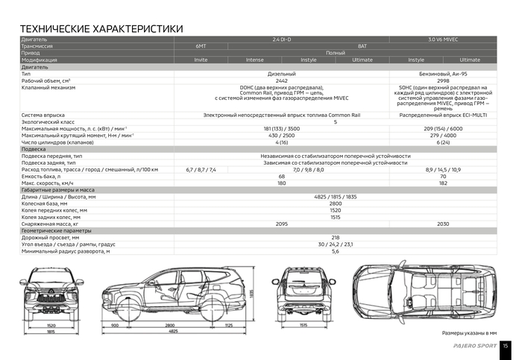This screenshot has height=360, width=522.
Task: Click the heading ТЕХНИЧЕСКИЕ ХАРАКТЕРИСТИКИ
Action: coord(101,28)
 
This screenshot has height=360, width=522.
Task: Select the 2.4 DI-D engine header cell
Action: coord(282,39)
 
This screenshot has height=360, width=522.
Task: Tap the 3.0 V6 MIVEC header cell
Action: coord(443,39)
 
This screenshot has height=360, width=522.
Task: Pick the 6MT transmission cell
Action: coord(201,45)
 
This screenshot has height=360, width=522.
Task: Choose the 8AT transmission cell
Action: coord(362,45)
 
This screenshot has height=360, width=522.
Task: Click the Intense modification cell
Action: coord(254,60)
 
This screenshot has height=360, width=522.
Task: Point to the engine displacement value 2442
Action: coord(282,80)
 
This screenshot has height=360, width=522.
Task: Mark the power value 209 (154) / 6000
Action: coord(443,129)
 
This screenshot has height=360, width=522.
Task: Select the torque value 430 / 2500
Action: coord(282,136)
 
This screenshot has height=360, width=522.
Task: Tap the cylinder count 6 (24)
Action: coord(443,142)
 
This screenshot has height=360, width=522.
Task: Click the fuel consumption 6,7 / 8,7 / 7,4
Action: coord(201,169)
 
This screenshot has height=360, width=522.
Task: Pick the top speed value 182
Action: coord(443,183)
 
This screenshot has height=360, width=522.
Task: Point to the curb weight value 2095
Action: coord(282,224)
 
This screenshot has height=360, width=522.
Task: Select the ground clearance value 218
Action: coord(335,237)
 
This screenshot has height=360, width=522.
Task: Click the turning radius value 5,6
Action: coord(335,251)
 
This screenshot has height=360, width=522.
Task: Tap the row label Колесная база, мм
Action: coord(45,203)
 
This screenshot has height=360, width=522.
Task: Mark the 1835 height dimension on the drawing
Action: coord(253,294)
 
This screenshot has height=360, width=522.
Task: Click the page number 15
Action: coord(506,346)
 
